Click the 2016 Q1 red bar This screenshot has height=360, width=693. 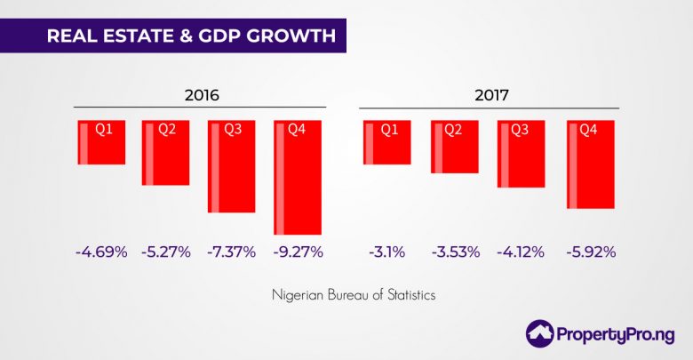click(100, 142)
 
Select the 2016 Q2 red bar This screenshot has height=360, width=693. click(166, 153)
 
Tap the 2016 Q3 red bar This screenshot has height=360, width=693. click(232, 166)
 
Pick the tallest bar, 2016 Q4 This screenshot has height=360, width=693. click(298, 177)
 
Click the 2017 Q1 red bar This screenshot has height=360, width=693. click(387, 142)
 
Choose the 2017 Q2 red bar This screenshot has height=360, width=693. click(454, 147)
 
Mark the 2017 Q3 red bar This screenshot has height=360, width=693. click(521, 154)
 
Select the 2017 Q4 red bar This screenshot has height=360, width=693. click(590, 164)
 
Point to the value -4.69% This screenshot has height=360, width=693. click(100, 252)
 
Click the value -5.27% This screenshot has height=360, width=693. click(166, 252)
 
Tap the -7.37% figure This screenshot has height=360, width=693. click(232, 252)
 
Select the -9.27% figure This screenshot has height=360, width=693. click(298, 252)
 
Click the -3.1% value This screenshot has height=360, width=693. click(386, 252)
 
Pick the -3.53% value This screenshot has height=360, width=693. click(453, 252)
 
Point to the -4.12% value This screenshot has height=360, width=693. click(521, 252)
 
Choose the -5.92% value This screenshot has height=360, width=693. click(590, 252)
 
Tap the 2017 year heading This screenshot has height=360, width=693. click(489, 94)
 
